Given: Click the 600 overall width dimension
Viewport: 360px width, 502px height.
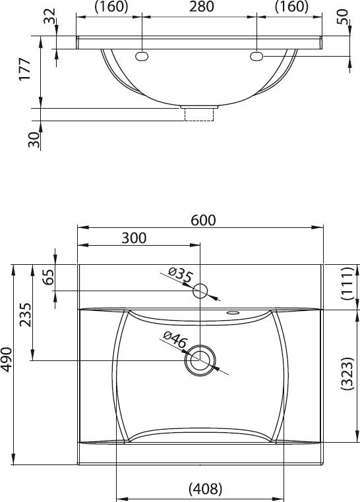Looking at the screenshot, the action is [x=203, y=220].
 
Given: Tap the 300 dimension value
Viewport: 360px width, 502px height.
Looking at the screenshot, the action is [x=134, y=238].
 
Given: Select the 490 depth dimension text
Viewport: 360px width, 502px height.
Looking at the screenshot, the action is [x=7, y=360].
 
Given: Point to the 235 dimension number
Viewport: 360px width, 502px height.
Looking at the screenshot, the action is [x=25, y=315].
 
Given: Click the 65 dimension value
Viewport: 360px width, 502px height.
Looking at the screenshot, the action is [x=48, y=277].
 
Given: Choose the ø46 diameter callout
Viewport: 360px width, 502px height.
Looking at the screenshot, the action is [x=175, y=340].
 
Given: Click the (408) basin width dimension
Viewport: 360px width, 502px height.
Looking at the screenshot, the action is [x=205, y=489].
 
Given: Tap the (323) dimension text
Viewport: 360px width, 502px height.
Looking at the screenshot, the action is [x=347, y=374].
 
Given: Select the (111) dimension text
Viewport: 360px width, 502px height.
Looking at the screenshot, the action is [x=347, y=283].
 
